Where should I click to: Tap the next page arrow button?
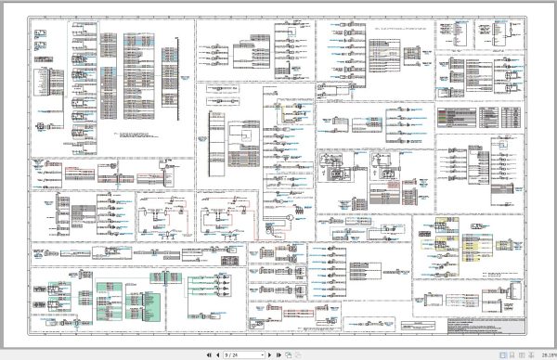point(269,354)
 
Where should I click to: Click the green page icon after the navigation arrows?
point(288,354)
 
